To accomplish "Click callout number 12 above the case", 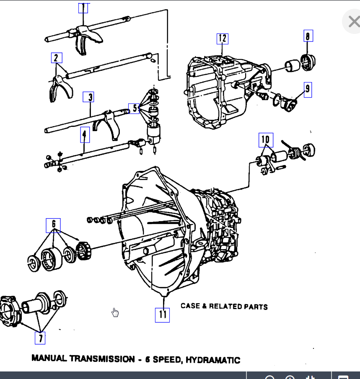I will coord(222,39).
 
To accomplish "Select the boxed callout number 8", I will coord(308,36).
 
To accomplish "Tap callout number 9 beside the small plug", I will coord(308,89).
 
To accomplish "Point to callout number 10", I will coord(266,139).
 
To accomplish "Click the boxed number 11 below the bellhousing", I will coord(162,315).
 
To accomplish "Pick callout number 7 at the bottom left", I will coord(40,338).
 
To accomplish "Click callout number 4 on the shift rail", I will coord(84,134).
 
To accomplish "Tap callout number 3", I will coord(88,97).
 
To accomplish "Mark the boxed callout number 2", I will coord(56,58).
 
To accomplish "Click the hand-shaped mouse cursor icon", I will coord(115,312).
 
